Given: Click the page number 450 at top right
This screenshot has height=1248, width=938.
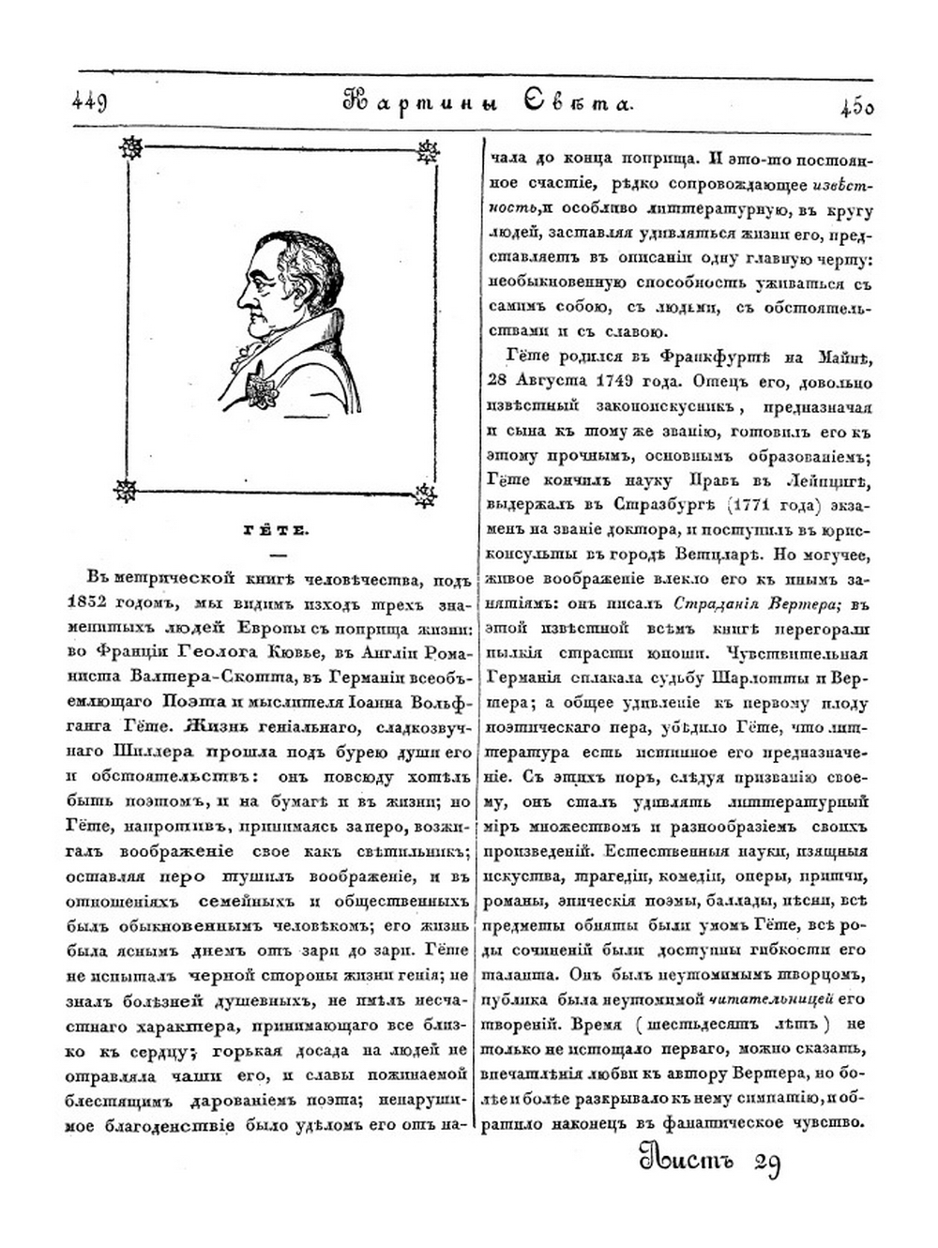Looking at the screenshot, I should tap(856, 106).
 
